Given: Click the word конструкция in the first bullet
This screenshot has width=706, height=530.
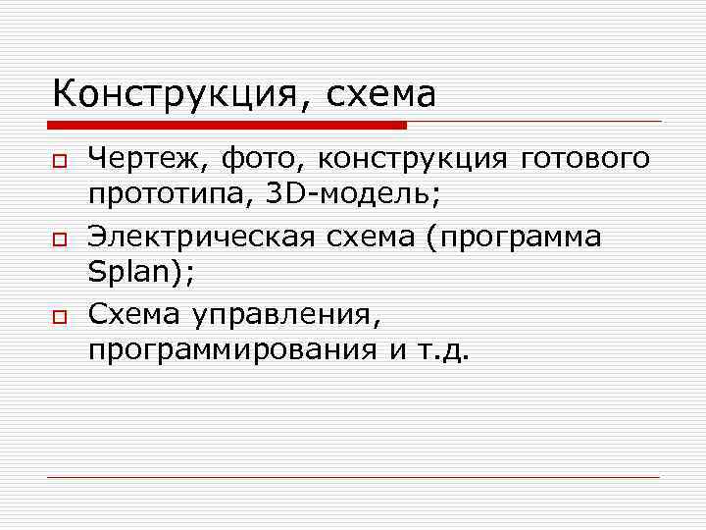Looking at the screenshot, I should click(412, 158).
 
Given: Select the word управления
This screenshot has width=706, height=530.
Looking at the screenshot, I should click(280, 315).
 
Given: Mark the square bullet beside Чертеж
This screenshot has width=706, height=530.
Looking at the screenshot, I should click(60, 159).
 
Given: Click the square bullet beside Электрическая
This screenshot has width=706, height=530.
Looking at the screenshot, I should click(60, 238).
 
